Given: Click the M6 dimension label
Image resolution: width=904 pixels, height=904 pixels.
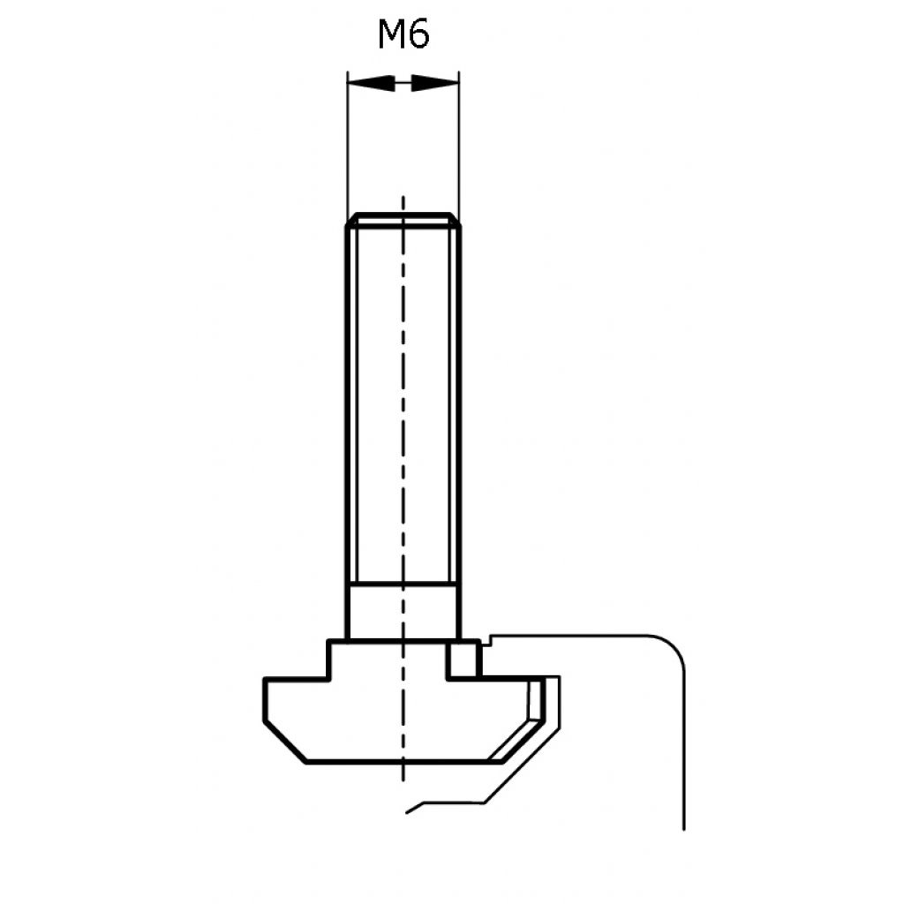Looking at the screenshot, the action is pyautogui.click(x=403, y=34).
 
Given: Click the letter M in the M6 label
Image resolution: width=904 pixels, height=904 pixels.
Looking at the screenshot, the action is pyautogui.click(x=391, y=34).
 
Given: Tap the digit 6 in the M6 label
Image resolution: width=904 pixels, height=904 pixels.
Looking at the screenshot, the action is pyautogui.click(x=419, y=34).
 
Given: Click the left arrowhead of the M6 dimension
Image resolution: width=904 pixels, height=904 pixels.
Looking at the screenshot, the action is pyautogui.click(x=372, y=83).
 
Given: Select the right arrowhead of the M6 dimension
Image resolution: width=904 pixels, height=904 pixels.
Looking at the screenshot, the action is pyautogui.click(x=435, y=83).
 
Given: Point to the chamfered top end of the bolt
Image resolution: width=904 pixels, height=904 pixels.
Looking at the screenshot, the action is pyautogui.click(x=403, y=220).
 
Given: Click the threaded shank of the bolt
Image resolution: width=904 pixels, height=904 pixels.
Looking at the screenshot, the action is pyautogui.click(x=403, y=403).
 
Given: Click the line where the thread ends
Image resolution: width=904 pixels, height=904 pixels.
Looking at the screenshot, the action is pyautogui.click(x=403, y=584).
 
